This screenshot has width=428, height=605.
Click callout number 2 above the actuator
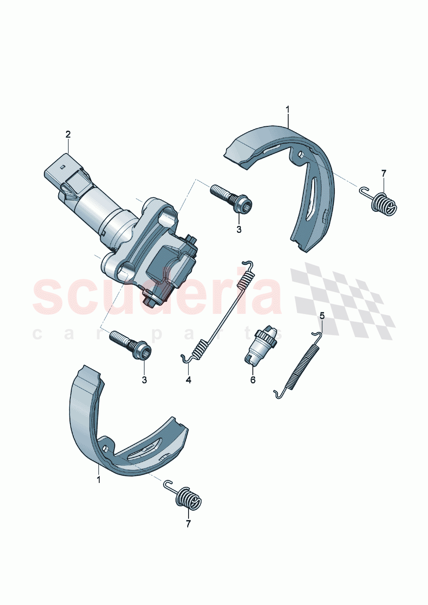(x=68, y=134)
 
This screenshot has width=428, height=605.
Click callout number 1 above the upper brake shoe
(x=288, y=110)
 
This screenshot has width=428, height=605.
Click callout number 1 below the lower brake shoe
(x=98, y=480)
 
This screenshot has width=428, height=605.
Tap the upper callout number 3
(x=239, y=229)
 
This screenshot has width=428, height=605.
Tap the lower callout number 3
(x=144, y=380)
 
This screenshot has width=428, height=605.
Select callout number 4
(x=189, y=380)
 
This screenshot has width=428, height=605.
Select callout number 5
(x=322, y=316)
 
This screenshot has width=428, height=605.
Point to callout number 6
(x=253, y=380)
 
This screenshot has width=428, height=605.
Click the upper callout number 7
(x=384, y=173)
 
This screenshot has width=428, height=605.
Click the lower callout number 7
(x=188, y=524)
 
